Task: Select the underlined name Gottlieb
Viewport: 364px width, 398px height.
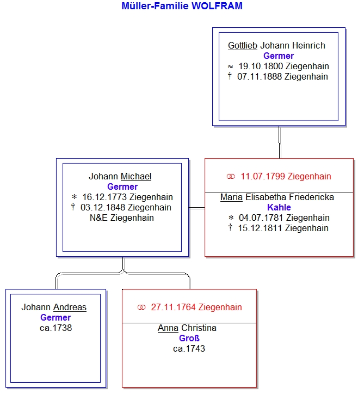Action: click(x=243, y=46)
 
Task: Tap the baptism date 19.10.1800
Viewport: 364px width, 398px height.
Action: click(x=261, y=67)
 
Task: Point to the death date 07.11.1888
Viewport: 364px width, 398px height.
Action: click(x=260, y=77)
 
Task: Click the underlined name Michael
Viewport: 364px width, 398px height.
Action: click(x=136, y=177)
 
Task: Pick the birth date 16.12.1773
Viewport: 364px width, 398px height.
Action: click(x=104, y=197)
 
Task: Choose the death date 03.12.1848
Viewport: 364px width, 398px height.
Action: click(x=103, y=208)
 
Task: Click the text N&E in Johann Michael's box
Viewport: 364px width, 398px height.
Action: click(x=98, y=218)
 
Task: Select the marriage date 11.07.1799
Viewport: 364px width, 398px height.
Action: click(x=263, y=177)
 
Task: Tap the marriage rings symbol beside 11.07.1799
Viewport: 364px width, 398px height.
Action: click(x=231, y=177)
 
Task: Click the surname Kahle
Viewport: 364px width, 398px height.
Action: click(x=279, y=208)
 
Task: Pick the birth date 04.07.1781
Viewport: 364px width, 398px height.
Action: click(x=261, y=218)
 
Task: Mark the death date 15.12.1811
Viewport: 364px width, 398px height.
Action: click(x=260, y=228)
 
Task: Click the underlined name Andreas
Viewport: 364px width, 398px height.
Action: click(x=70, y=307)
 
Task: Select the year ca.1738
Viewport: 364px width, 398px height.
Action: click(x=55, y=328)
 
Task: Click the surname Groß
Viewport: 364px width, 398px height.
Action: click(x=189, y=339)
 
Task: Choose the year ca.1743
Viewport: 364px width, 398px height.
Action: click(x=189, y=349)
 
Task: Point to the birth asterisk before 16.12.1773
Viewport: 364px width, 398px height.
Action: click(x=74, y=197)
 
